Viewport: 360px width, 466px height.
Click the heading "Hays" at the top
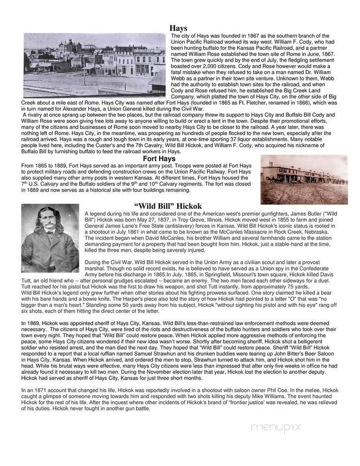178,28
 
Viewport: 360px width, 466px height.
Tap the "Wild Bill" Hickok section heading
167,206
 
